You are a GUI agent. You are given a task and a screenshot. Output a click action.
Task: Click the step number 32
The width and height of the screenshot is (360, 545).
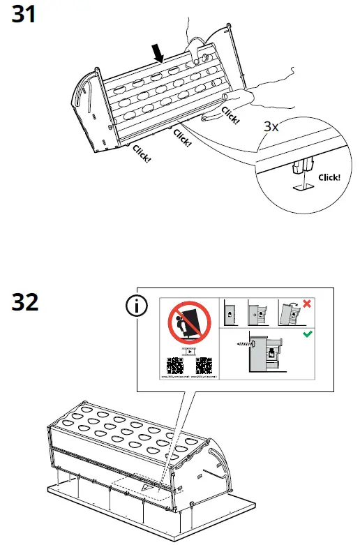(x=26, y=302)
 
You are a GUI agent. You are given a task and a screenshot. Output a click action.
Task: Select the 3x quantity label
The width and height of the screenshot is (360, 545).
(x=272, y=127)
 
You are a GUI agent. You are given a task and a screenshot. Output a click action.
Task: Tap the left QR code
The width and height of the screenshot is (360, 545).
(x=174, y=366)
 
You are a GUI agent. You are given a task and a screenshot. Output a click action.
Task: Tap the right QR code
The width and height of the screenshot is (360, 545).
(x=204, y=366)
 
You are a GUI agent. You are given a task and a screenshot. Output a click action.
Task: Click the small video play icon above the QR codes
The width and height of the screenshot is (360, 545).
(x=189, y=350)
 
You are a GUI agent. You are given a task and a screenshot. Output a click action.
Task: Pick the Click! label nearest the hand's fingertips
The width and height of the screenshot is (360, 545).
(x=230, y=113)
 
